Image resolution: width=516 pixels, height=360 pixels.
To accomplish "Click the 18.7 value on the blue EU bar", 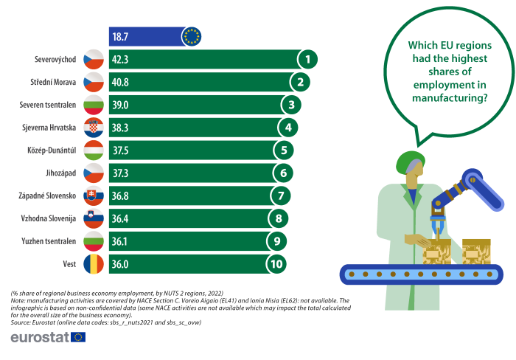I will [121, 36].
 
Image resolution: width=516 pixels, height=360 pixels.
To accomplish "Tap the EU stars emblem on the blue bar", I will [192, 36].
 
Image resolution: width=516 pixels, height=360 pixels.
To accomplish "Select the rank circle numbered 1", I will [308, 59].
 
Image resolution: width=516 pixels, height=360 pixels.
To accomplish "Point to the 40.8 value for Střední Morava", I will [122, 82].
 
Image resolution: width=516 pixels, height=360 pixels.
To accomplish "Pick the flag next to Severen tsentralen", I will [94, 105].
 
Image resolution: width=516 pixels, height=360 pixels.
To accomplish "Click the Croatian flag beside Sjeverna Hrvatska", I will [94, 128].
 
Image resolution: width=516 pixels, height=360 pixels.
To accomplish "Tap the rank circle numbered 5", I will [283, 150].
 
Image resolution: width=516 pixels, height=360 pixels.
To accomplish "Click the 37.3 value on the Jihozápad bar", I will [122, 173].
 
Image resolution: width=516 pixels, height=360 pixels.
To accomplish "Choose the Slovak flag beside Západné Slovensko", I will [94, 196].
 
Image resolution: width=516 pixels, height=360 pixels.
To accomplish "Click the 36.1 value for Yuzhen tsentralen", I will [122, 241].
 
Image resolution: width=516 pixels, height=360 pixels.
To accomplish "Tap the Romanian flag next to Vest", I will [94, 264].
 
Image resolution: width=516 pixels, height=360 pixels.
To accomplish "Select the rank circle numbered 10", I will [277, 264].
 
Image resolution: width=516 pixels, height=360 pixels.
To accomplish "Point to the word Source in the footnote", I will [21, 322].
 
